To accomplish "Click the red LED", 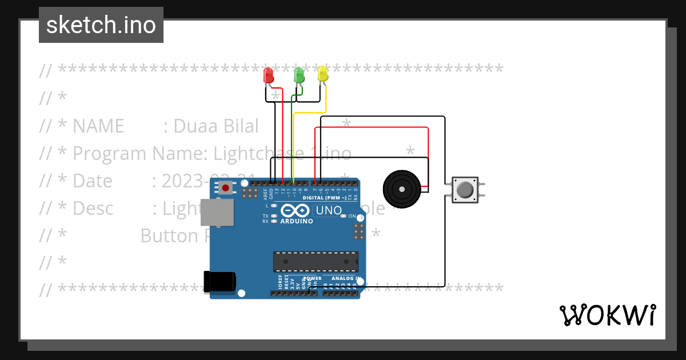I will (x=268, y=75).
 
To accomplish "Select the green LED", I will (x=298, y=75).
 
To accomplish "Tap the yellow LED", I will (x=323, y=74).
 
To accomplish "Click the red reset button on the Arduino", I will (x=226, y=187).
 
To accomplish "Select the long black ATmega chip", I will (x=316, y=261).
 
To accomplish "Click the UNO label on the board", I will (x=328, y=210).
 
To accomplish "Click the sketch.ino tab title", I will (x=101, y=25).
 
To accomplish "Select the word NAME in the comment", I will (x=98, y=126).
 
